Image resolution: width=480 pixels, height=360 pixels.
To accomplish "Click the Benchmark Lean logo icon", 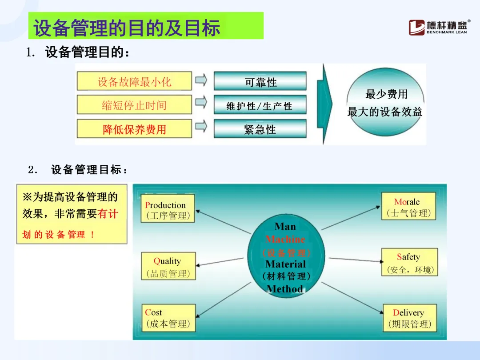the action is pyautogui.click(x=416, y=28).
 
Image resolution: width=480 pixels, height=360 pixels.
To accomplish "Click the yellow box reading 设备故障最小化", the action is pyautogui.click(x=134, y=81).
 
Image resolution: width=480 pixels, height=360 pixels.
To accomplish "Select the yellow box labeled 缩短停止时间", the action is pyautogui.click(x=134, y=105).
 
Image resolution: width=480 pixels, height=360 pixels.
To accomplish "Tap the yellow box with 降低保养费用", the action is pyautogui.click(x=134, y=129).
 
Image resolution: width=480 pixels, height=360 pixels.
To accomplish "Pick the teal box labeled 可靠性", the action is pyautogui.click(x=260, y=81).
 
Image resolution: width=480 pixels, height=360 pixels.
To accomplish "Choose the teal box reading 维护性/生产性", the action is pyautogui.click(x=260, y=105).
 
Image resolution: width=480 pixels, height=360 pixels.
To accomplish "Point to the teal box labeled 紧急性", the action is pyautogui.click(x=260, y=129).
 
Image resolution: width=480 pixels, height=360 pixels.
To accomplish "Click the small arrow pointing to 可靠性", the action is pyautogui.click(x=201, y=80).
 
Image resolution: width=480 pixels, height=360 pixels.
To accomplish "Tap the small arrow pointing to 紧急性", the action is pyautogui.click(x=201, y=126).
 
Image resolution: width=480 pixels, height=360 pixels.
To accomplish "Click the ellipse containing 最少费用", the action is pyautogui.click(x=385, y=102).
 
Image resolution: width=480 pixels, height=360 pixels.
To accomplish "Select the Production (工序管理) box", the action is pyautogui.click(x=168, y=208).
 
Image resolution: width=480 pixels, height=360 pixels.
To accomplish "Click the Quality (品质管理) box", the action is pyautogui.click(x=168, y=266).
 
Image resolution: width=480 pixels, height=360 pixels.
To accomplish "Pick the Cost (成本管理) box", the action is pyautogui.click(x=169, y=318).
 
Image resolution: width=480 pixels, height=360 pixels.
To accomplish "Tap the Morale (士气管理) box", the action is pyautogui.click(x=409, y=206).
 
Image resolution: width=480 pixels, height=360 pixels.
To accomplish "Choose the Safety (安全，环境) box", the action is pyautogui.click(x=410, y=262).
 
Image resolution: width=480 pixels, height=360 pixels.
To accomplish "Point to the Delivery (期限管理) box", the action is pyautogui.click(x=410, y=318).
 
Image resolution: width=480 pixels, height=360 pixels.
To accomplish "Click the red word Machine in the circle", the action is pyautogui.click(x=285, y=239).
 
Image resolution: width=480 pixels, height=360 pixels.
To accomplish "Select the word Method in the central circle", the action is pyautogui.click(x=285, y=289).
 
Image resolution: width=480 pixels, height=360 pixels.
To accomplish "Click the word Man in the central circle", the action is pyautogui.click(x=285, y=226).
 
